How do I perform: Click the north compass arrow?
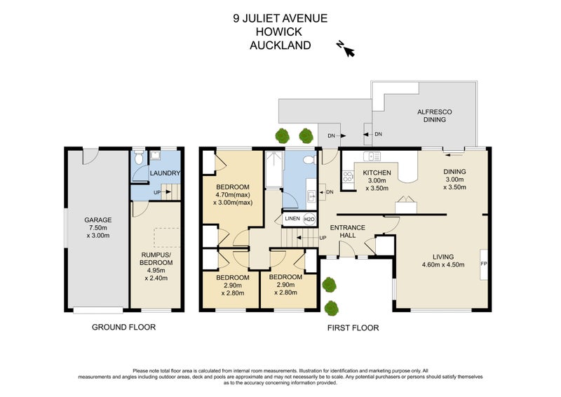point(349,51)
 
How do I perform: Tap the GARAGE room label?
point(98,220)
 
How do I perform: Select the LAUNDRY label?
point(165,173)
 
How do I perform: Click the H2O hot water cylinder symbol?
point(309,219)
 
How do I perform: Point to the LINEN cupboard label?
point(292,218)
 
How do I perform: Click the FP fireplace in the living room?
point(484,264)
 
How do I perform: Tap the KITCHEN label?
point(377,173)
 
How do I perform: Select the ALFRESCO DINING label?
point(435,116)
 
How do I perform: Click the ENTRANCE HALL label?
point(347,231)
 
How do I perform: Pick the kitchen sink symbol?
point(372,156)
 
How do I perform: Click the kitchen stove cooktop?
point(348,177)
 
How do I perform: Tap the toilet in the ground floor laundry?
point(138,157)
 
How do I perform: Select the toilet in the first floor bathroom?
point(309,160)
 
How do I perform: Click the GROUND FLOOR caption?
point(124,327)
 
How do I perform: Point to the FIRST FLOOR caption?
point(353,328)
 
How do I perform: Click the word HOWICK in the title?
point(278,32)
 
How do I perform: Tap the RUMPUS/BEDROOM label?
point(156,258)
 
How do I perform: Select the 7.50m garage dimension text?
point(98,228)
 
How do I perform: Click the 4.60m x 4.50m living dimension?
point(443,265)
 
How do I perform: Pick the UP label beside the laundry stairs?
point(157,193)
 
